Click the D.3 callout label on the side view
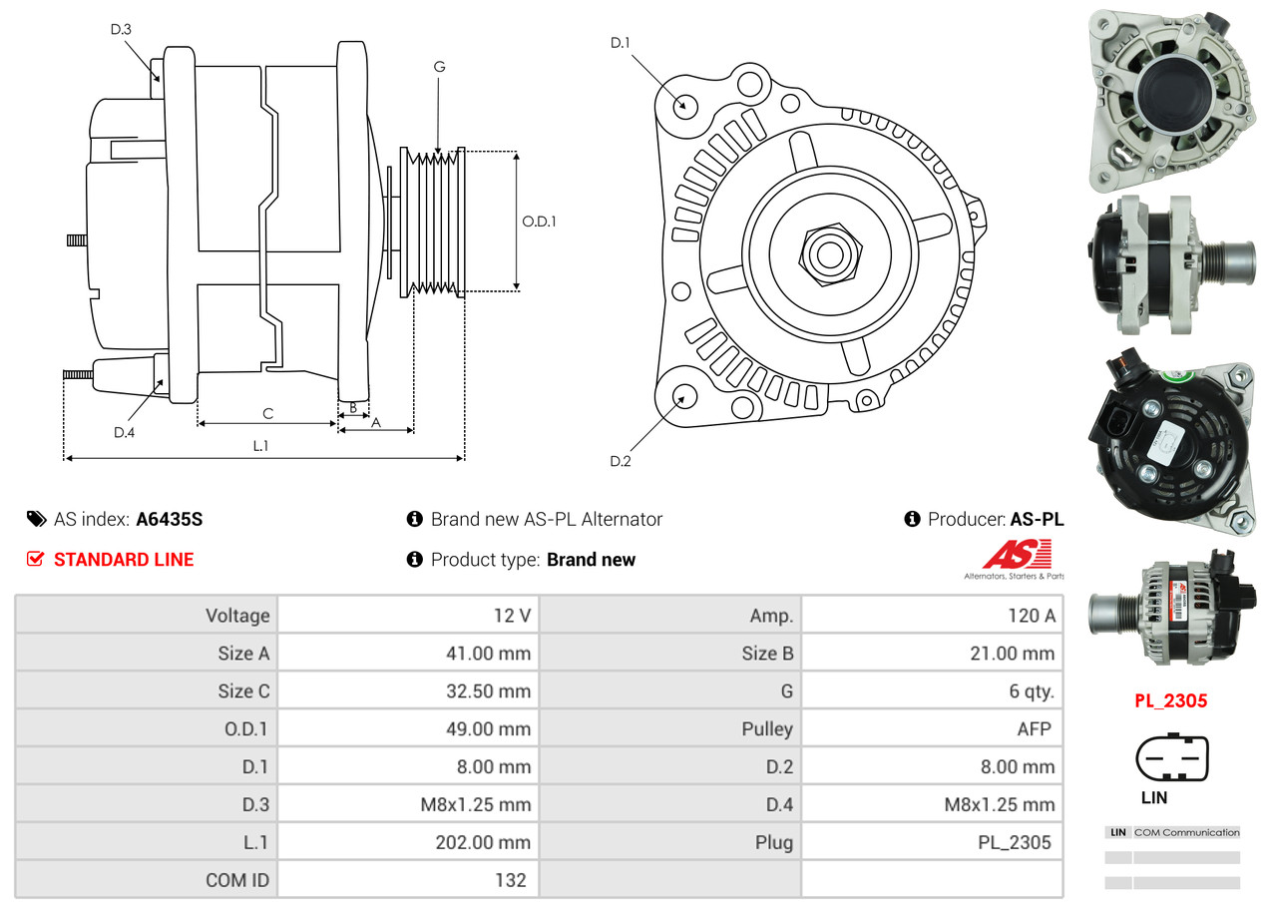pyautogui.click(x=121, y=29)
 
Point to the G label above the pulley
pyautogui.click(x=439, y=67)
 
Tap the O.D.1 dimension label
pyautogui.click(x=539, y=221)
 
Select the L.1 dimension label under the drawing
pyautogui.click(x=260, y=446)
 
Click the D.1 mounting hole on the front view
pyautogui.click(x=684, y=105)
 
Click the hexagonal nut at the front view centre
pyautogui.click(x=828, y=252)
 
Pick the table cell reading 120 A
pyautogui.click(x=1031, y=616)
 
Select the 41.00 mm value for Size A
pyautogui.click(x=488, y=654)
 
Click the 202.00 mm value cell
pyautogui.click(x=482, y=842)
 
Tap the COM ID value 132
pyautogui.click(x=510, y=880)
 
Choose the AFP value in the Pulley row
pyautogui.click(x=1034, y=728)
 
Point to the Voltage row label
pyautogui.click(x=237, y=616)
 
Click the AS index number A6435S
pyautogui.click(x=170, y=519)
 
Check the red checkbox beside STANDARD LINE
pyautogui.click(x=36, y=559)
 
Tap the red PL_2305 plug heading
pyautogui.click(x=1170, y=700)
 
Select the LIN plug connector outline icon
pyautogui.click(x=1172, y=759)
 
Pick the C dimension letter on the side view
pyautogui.click(x=267, y=413)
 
